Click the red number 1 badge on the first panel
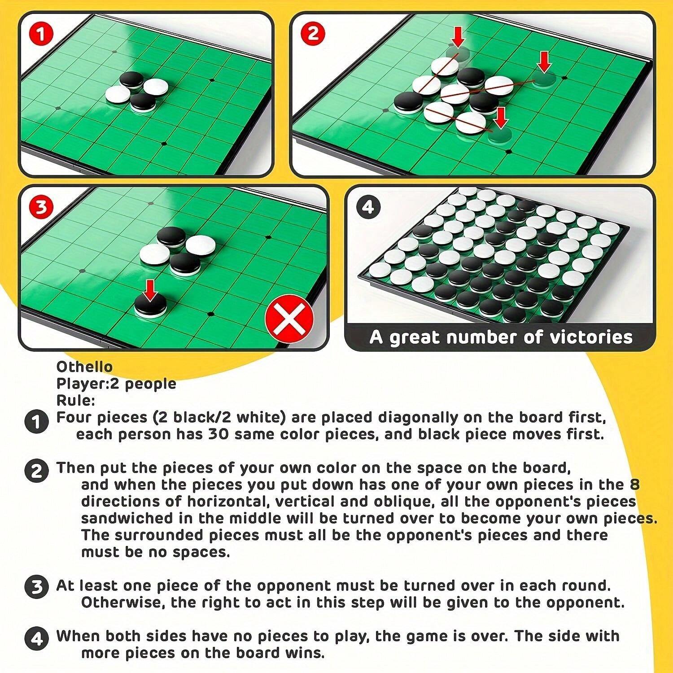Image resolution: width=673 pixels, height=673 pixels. coord(41,34)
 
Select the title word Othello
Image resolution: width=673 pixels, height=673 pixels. coord(84,367)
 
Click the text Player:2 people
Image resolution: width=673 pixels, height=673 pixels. coord(116,384)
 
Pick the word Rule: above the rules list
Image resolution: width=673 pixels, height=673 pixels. coord(75,400)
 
